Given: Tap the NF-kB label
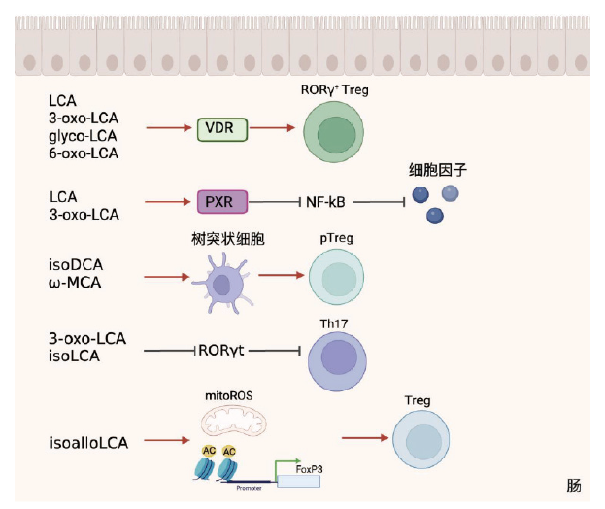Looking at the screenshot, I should pos(325,202).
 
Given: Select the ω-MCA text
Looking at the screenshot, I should pos(77,283).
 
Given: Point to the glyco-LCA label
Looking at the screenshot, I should pos(84,135).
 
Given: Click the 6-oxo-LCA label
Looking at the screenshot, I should pos(84,153).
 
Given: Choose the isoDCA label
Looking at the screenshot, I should pos(76,264).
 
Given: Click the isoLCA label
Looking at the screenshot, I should pos(74,357).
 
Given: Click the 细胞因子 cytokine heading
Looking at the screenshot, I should pos(437,170).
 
